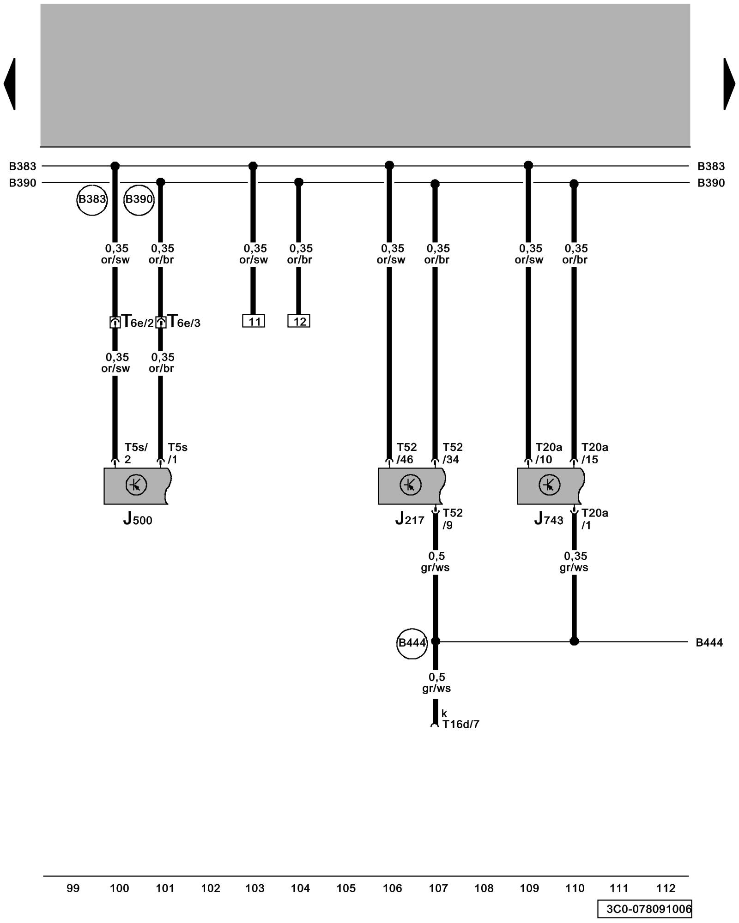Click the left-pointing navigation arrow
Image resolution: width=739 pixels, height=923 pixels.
[x=10, y=84]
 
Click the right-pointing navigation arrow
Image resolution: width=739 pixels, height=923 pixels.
[x=728, y=84]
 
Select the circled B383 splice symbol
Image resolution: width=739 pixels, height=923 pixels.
[x=92, y=199]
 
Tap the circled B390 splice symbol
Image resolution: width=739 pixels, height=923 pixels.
[x=139, y=199]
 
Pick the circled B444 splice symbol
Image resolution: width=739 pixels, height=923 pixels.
[x=412, y=643]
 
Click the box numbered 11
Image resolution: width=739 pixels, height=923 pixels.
[x=254, y=321]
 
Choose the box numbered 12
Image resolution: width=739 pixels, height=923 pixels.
[x=299, y=321]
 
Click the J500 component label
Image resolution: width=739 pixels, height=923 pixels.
[x=137, y=520]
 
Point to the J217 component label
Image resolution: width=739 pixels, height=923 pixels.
[x=409, y=520]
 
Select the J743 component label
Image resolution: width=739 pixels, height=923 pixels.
[x=548, y=520]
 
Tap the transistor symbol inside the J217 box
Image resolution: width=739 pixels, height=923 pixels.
[x=410, y=485]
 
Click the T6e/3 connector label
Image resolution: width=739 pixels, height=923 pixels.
[x=184, y=322]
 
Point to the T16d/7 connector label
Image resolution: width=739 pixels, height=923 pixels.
[x=460, y=724]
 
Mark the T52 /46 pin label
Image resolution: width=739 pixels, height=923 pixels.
[x=406, y=453]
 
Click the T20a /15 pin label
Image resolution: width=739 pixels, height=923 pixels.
[x=594, y=453]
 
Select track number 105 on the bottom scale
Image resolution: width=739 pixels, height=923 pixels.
[x=346, y=888]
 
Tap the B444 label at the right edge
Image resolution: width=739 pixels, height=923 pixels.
[x=709, y=642]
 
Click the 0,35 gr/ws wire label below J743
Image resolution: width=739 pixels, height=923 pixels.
[x=574, y=562]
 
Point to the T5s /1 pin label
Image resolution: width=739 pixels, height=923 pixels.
[x=177, y=453]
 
